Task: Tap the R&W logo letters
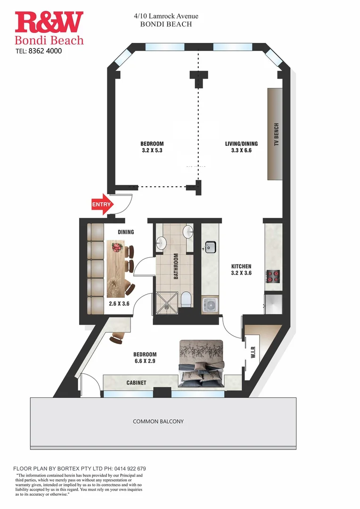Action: click(x=49, y=22)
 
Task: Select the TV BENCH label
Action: click(x=277, y=135)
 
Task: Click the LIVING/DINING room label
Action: click(x=241, y=144)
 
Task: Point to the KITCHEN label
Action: click(x=241, y=266)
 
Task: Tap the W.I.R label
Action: click(x=253, y=352)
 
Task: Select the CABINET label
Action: click(x=136, y=383)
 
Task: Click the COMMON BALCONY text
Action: click(x=158, y=421)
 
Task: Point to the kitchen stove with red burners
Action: click(x=274, y=276)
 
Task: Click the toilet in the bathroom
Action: click(x=186, y=299)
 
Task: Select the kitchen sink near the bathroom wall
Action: click(x=210, y=247)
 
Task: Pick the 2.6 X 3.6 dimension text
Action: click(x=119, y=304)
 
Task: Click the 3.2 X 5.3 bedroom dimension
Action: click(x=152, y=151)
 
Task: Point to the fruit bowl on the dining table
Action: click(x=117, y=246)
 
